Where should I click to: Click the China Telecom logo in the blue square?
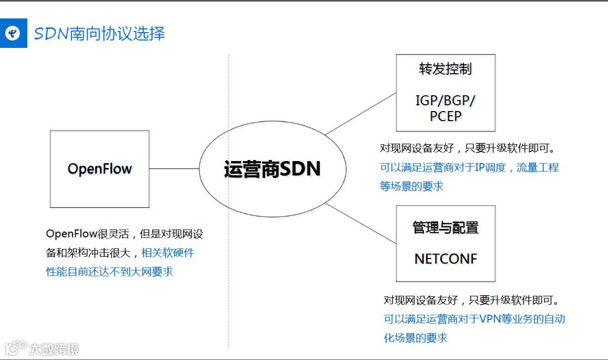coord(13,34)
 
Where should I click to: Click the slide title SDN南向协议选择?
coord(100,33)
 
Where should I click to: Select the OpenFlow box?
coord(100,168)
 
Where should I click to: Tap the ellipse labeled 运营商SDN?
coord(271,169)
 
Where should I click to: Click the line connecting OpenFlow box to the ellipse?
coord(175,168)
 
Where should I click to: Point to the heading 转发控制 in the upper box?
coord(445,69)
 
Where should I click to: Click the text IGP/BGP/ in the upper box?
coord(445,101)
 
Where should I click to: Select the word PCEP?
coord(445,116)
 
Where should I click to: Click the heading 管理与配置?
coord(445,228)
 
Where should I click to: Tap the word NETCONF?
coord(445,259)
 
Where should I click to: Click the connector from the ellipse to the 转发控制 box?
coord(360,114)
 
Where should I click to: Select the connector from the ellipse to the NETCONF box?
coord(360,223)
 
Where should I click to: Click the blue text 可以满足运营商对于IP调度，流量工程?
coord(469,167)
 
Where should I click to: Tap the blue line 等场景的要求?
coord(412,186)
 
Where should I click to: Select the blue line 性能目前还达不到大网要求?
coord(109,272)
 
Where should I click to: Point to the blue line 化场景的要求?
coord(415,337)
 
